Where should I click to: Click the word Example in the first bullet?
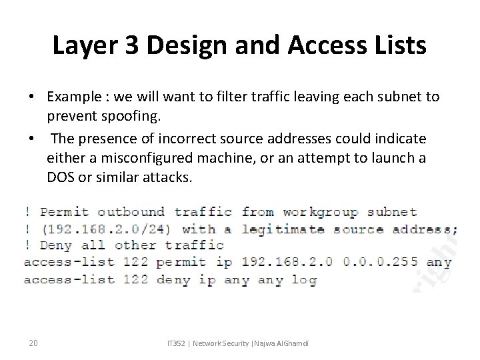click(73, 97)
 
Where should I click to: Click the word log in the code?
click(303, 280)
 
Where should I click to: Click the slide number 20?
click(33, 343)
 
